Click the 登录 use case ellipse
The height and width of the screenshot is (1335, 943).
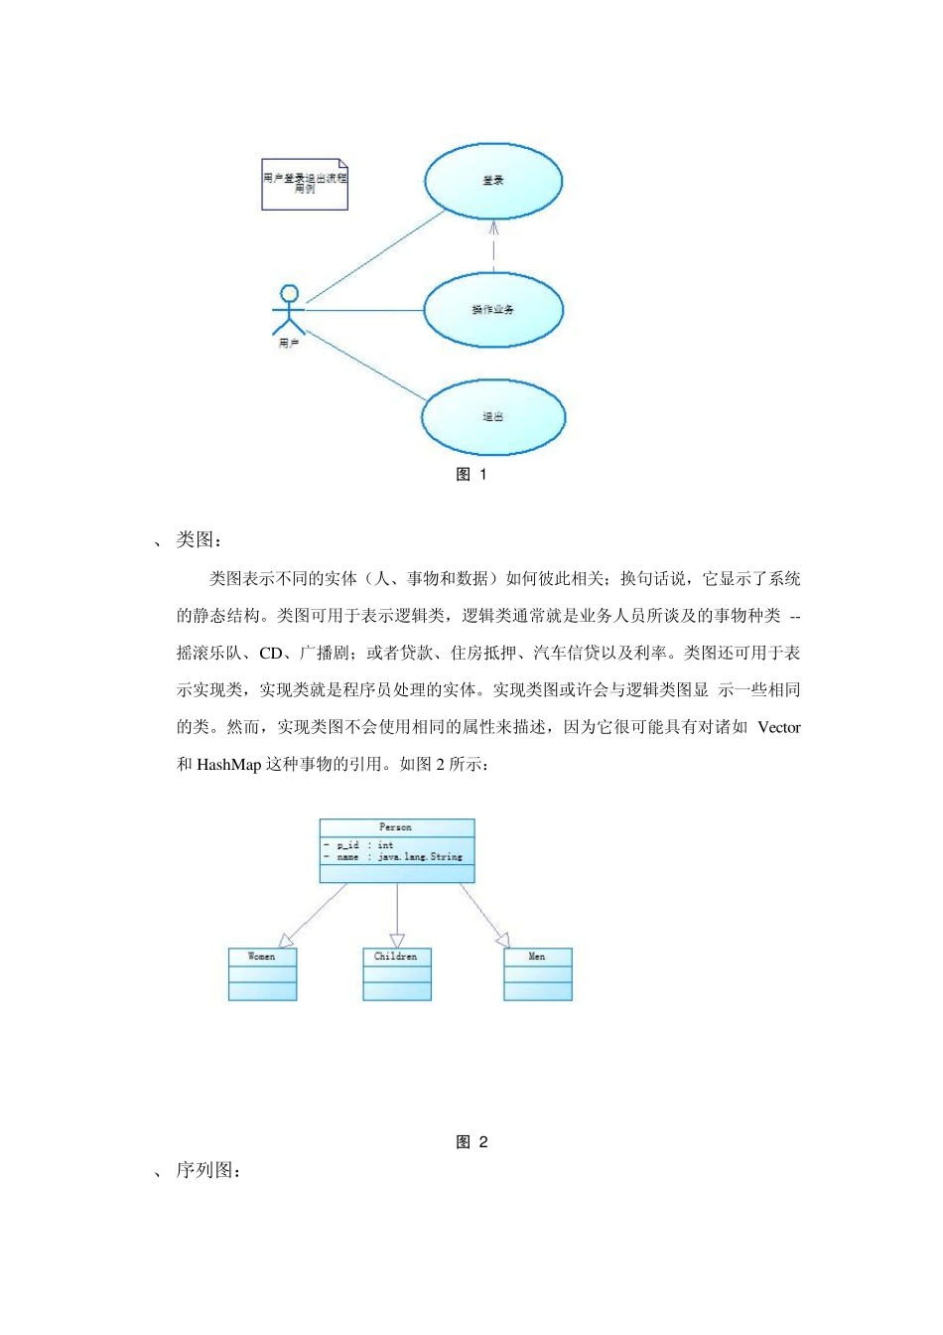[493, 181]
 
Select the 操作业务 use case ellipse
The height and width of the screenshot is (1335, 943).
[493, 310]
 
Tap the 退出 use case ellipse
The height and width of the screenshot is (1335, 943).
[493, 417]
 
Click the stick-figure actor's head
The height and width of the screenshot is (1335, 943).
[289, 294]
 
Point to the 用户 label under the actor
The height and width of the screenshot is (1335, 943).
[289, 344]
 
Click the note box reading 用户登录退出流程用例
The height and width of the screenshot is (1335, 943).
[305, 183]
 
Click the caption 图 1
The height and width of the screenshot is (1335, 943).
[471, 475]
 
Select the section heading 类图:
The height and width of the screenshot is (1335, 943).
[199, 540]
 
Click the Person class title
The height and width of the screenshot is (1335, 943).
[396, 827]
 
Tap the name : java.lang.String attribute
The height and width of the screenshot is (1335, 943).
[398, 856]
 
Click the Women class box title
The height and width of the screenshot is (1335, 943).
[262, 957]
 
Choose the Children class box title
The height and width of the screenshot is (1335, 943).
[396, 957]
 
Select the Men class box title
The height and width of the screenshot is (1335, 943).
[537, 957]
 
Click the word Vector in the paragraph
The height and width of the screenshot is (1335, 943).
[778, 727]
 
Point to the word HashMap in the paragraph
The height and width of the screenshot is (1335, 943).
[229, 765]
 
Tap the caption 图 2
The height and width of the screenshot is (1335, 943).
[471, 1142]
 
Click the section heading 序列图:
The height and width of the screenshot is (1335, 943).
[208, 1171]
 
